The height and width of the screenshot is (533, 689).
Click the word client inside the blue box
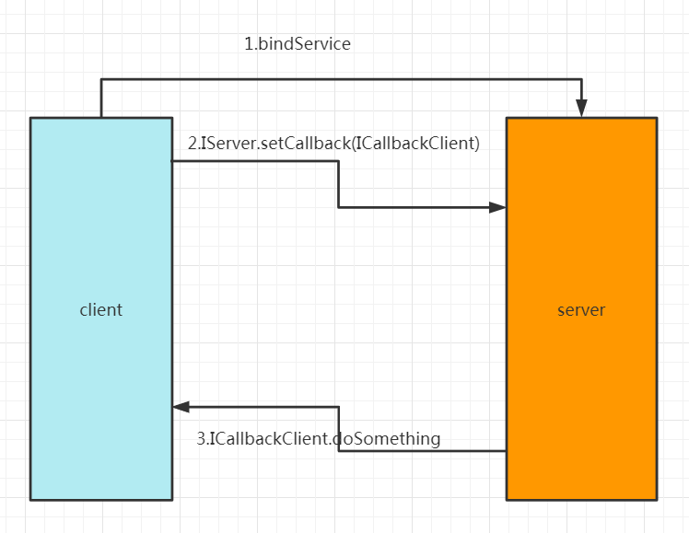point(100,310)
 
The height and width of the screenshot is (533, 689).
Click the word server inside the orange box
point(581,310)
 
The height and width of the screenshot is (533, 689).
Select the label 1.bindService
point(297,43)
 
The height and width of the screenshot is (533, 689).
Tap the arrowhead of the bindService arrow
point(581,110)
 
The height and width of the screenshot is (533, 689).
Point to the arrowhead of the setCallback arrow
point(497,207)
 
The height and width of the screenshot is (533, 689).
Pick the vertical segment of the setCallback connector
point(339,184)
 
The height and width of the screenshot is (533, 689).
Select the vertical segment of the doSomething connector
point(339,429)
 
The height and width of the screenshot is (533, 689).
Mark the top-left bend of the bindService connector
point(101,80)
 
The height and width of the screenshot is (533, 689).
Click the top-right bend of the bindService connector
point(581,80)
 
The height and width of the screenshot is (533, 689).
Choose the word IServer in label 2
point(228,144)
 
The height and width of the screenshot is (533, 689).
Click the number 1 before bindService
point(248,43)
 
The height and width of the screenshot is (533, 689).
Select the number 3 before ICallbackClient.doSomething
point(202,439)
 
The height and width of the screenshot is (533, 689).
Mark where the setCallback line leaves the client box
point(173,162)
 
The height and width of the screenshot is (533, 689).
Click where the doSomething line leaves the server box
point(506,451)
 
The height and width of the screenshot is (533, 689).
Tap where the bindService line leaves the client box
point(101,117)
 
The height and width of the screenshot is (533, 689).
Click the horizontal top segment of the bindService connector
point(341,80)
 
